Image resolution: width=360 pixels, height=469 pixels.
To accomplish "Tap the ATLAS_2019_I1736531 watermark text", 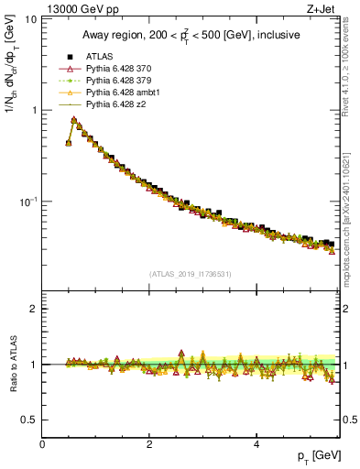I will click(191, 274).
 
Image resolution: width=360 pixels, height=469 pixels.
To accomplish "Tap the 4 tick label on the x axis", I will click(256, 444).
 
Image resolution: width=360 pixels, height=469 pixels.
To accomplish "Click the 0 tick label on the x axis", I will click(42, 444).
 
